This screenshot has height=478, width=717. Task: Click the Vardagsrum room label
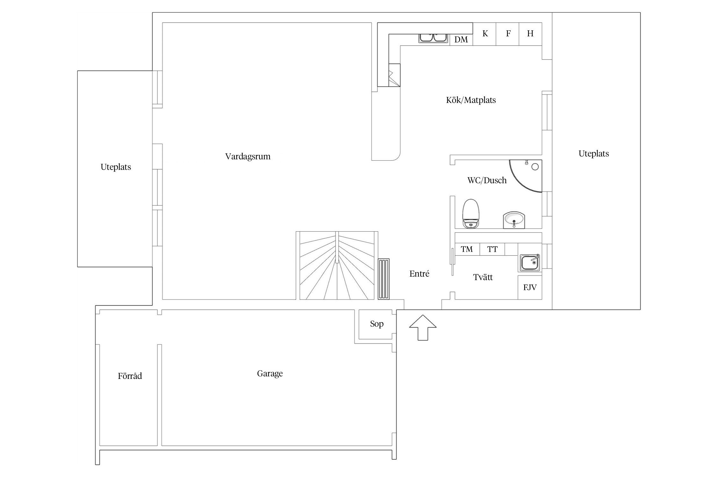(248, 156)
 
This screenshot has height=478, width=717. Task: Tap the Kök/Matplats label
(471, 100)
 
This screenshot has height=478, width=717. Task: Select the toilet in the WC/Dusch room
(471, 214)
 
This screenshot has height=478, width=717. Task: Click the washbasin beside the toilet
(514, 220)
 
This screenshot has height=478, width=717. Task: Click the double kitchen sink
(433, 38)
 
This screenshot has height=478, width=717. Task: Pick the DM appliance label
(461, 40)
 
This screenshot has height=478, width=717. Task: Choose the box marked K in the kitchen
(484, 34)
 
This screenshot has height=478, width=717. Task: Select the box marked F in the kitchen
(508, 34)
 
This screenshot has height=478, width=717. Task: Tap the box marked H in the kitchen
(531, 34)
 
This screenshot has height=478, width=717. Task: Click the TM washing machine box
(467, 249)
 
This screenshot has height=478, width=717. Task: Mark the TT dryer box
(492, 249)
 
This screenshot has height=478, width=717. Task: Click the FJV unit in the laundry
(530, 287)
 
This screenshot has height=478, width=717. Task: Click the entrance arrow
(423, 328)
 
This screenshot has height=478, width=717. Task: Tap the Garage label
(270, 373)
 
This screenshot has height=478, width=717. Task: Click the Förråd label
(130, 376)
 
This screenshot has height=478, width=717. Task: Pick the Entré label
(419, 273)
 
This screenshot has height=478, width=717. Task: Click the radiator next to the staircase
(384, 279)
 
